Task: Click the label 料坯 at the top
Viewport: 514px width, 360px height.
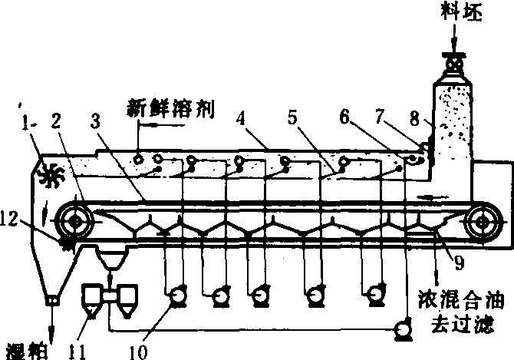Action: coord(461,12)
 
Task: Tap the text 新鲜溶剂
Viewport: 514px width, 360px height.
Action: coord(171,109)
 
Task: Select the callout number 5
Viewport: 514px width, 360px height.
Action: coord(292,117)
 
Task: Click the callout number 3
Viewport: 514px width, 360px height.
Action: coord(95,121)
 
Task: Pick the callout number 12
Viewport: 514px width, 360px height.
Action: coord(9,219)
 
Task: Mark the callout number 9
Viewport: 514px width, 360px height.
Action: coord(459,263)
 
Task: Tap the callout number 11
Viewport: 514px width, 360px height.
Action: coord(77,352)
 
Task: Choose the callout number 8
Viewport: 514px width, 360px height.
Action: coord(415,118)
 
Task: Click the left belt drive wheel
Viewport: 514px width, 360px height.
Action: coord(74,221)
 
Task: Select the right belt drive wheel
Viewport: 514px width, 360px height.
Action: coord(482,222)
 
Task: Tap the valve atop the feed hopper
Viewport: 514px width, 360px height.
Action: coord(454,62)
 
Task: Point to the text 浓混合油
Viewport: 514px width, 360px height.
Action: coord(461,299)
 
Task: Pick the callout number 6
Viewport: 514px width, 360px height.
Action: coord(344,117)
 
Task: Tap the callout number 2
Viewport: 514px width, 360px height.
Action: coord(56,121)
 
